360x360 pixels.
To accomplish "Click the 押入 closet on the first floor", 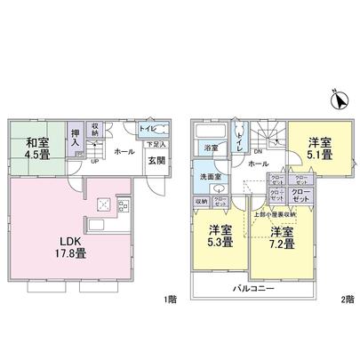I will click(x=76, y=139).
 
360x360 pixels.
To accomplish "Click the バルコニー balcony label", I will click(x=253, y=290).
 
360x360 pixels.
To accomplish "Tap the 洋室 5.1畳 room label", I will click(x=320, y=148).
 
